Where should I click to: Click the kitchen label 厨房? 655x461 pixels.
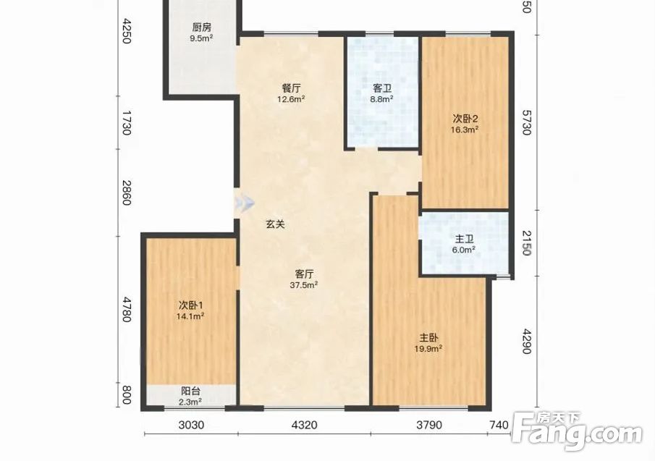tap(201, 28)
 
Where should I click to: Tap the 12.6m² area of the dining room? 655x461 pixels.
tap(291, 99)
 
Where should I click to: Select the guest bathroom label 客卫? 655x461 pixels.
tap(382, 88)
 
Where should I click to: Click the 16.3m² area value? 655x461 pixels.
tap(465, 130)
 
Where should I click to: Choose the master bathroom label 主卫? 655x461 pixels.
tap(464, 240)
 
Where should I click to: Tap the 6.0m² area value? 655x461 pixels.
tap(464, 250)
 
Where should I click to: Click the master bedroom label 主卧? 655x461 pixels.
tap(428, 337)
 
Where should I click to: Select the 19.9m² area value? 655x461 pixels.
tap(428, 348)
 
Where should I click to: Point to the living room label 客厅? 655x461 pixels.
tap(304, 274)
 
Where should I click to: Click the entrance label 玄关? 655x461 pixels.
tap(275, 224)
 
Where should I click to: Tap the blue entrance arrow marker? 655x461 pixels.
tap(245, 203)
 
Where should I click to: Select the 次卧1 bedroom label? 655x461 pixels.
tap(190, 305)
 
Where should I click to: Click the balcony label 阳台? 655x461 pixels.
tap(190, 392)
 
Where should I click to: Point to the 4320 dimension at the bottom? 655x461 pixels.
tap(305, 425)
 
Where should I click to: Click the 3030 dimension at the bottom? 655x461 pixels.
tap(191, 425)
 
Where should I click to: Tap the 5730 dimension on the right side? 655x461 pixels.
tap(526, 122)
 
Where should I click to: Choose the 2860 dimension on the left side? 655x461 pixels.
tap(127, 193)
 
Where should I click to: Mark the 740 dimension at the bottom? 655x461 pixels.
tap(499, 425)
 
